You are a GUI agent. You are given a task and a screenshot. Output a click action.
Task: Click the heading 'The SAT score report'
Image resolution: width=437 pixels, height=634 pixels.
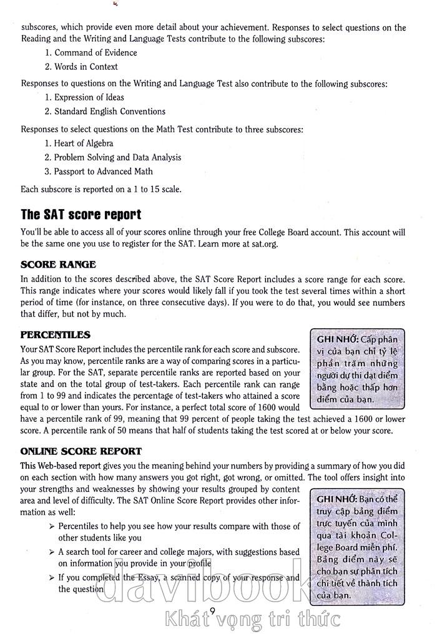(x=81, y=215)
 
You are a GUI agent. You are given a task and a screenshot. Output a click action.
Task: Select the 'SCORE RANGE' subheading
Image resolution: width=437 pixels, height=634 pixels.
(x=59, y=265)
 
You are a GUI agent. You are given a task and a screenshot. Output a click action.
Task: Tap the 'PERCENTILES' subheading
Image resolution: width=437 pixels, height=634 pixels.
(x=56, y=335)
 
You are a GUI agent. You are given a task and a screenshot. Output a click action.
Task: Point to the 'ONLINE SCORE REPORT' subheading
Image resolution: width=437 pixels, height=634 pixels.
(x=81, y=451)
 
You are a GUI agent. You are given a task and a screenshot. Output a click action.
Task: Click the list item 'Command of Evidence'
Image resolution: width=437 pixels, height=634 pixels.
(x=96, y=52)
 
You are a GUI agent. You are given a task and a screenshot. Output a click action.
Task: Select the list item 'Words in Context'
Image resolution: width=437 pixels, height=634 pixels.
(x=86, y=67)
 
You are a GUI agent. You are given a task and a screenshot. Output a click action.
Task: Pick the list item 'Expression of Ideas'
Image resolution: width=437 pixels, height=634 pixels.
(x=89, y=97)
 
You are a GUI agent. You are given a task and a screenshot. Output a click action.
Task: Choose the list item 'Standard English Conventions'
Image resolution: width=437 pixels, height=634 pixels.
(x=110, y=112)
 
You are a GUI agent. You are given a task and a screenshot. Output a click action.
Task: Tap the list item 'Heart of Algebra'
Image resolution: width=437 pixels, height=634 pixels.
(x=84, y=143)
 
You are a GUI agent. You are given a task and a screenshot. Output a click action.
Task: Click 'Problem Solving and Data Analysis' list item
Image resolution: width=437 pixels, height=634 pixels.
(x=117, y=157)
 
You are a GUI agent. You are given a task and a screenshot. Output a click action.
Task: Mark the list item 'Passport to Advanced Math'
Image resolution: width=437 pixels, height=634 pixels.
(x=103, y=172)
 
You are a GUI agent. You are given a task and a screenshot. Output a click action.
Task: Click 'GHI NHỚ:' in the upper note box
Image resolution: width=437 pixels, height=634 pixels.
(x=337, y=339)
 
